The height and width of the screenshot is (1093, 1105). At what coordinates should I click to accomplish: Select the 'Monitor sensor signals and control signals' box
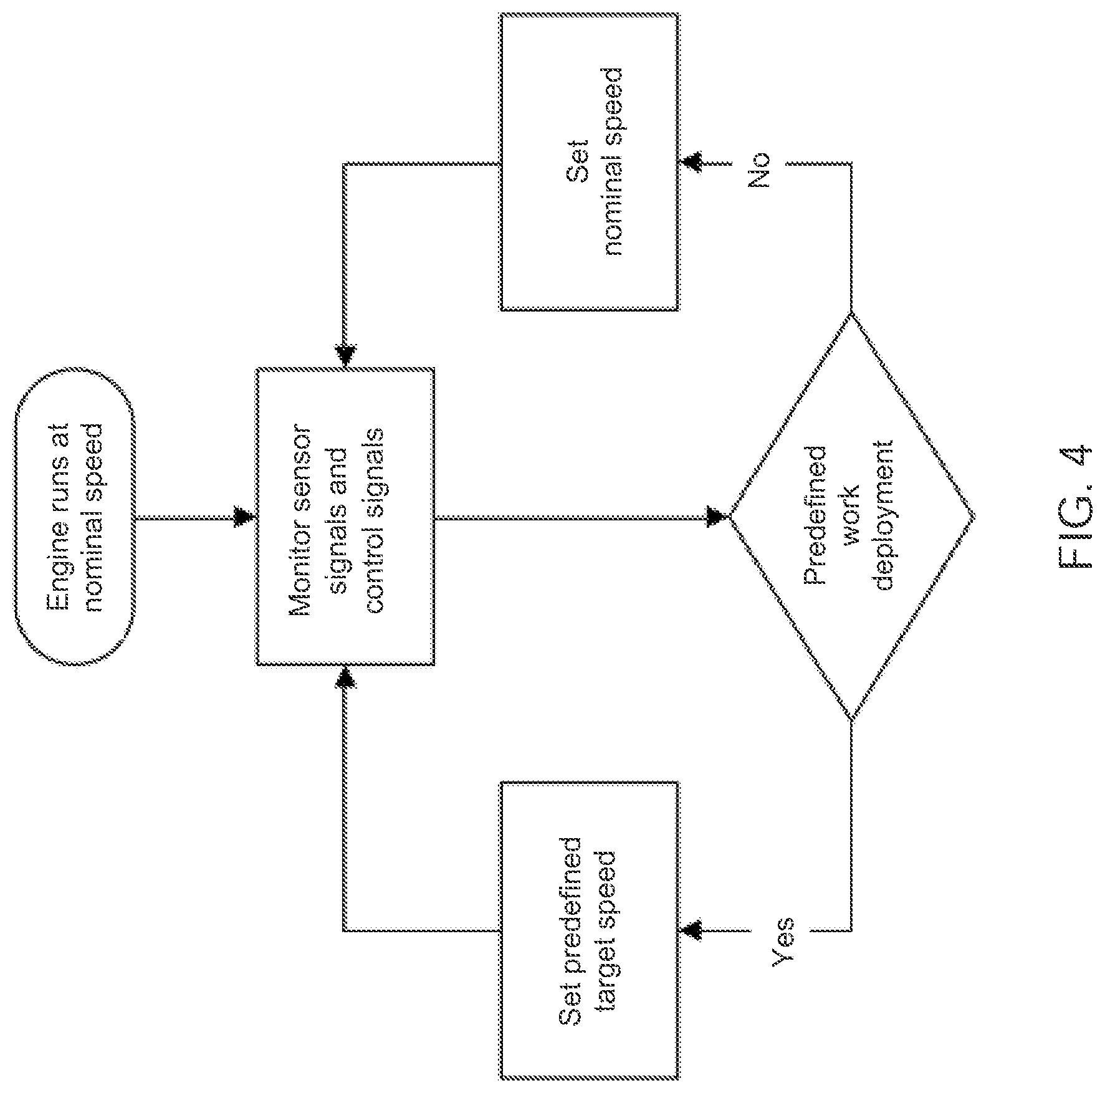[x=345, y=517]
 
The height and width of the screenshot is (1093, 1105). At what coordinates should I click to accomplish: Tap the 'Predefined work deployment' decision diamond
[x=851, y=517]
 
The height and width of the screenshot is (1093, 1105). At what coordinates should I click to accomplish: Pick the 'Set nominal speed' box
[x=589, y=162]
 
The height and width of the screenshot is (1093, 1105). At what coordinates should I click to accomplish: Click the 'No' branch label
[x=759, y=169]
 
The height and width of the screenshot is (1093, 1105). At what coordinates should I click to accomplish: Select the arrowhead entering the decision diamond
[x=717, y=517]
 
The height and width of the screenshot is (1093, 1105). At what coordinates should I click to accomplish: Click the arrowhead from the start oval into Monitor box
[x=244, y=517]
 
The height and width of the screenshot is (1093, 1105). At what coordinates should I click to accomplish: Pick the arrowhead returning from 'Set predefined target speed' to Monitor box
[x=345, y=677]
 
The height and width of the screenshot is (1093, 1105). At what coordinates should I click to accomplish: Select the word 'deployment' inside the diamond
[x=884, y=517]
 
